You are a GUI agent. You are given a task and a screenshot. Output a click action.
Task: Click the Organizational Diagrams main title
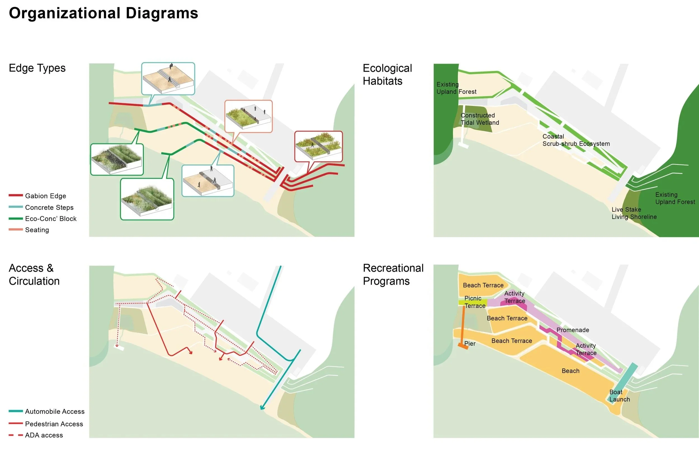103,13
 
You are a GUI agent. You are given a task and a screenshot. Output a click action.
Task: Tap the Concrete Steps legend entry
49,208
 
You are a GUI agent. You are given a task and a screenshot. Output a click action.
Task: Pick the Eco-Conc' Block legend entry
51,219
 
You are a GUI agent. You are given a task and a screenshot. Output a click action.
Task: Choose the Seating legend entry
37,230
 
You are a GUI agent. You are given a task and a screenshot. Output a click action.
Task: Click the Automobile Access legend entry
55,411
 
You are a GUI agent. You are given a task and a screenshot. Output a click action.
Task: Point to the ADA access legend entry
44,435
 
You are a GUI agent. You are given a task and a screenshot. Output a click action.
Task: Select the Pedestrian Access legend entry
54,424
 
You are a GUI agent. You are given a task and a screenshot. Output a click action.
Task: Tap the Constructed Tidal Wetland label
480,119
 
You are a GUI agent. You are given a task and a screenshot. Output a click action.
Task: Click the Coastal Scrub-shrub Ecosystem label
576,140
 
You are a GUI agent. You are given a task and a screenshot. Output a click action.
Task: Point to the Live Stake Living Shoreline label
634,213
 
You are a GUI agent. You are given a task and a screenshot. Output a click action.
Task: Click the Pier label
470,343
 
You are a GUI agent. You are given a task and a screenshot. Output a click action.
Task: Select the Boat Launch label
619,396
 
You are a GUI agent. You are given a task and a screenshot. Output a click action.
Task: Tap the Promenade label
572,330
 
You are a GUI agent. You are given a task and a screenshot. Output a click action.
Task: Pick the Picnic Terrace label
474,302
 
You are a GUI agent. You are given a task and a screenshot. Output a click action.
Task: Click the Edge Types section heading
37,68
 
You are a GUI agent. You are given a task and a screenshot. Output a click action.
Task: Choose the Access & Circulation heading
34,274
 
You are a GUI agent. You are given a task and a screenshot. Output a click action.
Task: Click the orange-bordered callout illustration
248,116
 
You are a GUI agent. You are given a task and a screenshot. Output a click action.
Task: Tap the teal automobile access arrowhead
262,408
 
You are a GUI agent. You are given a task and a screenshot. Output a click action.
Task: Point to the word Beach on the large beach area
570,371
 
